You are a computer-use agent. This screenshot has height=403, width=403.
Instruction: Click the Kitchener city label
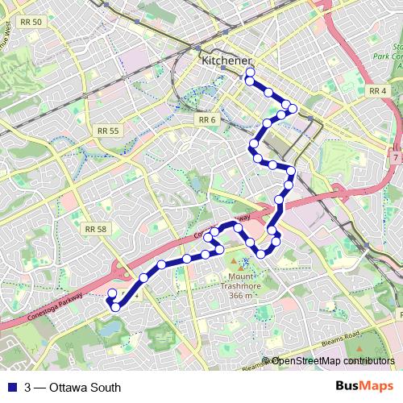tap(226, 60)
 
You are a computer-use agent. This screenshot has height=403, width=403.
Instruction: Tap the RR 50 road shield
tap(33, 22)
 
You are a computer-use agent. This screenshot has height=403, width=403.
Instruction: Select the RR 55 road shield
tap(107, 131)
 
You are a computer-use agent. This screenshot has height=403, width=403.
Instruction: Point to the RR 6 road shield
tap(207, 120)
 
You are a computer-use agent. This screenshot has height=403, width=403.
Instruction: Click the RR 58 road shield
tap(95, 229)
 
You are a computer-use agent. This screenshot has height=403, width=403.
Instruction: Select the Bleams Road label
tap(339, 342)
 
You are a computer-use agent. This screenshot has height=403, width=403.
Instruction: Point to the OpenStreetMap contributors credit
tap(333, 361)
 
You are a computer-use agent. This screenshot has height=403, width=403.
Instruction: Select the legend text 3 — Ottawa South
tap(73, 388)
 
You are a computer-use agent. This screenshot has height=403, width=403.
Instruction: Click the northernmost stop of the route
tap(250, 73)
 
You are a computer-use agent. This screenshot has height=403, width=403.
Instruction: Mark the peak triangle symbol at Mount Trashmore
tap(235, 263)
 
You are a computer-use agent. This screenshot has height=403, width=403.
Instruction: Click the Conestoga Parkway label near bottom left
tap(48, 312)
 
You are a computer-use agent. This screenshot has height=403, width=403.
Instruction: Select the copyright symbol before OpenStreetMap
tap(266, 361)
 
